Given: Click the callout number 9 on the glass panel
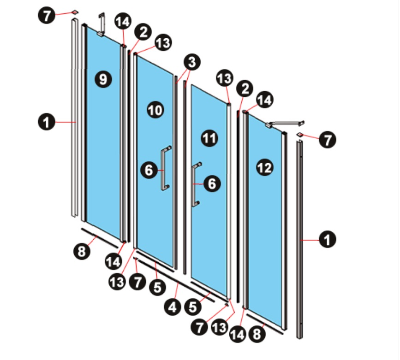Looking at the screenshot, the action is click(103, 79).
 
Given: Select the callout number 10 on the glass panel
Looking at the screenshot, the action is click(155, 110).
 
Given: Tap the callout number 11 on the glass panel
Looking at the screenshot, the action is click(209, 138).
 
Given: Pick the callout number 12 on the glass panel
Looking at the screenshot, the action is click(264, 167).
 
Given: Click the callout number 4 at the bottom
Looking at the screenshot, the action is click(173, 307).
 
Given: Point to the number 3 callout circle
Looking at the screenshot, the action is click(192, 62).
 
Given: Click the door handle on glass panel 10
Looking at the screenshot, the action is click(165, 168).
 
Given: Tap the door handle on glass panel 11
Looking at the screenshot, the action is click(196, 184).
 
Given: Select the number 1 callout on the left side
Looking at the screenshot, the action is click(47, 122).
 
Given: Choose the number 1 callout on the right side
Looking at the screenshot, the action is click(328, 239).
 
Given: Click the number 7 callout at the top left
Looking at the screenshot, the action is click(47, 16).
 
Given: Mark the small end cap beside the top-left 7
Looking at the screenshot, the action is click(75, 12).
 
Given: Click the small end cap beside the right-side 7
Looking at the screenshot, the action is click(300, 134).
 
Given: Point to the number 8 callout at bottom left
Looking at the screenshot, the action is click(82, 251).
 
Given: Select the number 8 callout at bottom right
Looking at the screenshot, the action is click(257, 334).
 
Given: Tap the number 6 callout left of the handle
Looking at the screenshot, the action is click(149, 170).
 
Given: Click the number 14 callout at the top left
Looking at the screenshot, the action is click(123, 21).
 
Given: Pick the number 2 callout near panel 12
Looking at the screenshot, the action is click(245, 89).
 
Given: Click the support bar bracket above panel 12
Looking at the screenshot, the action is click(285, 124).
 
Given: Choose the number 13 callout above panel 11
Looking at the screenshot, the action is click(225, 78).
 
